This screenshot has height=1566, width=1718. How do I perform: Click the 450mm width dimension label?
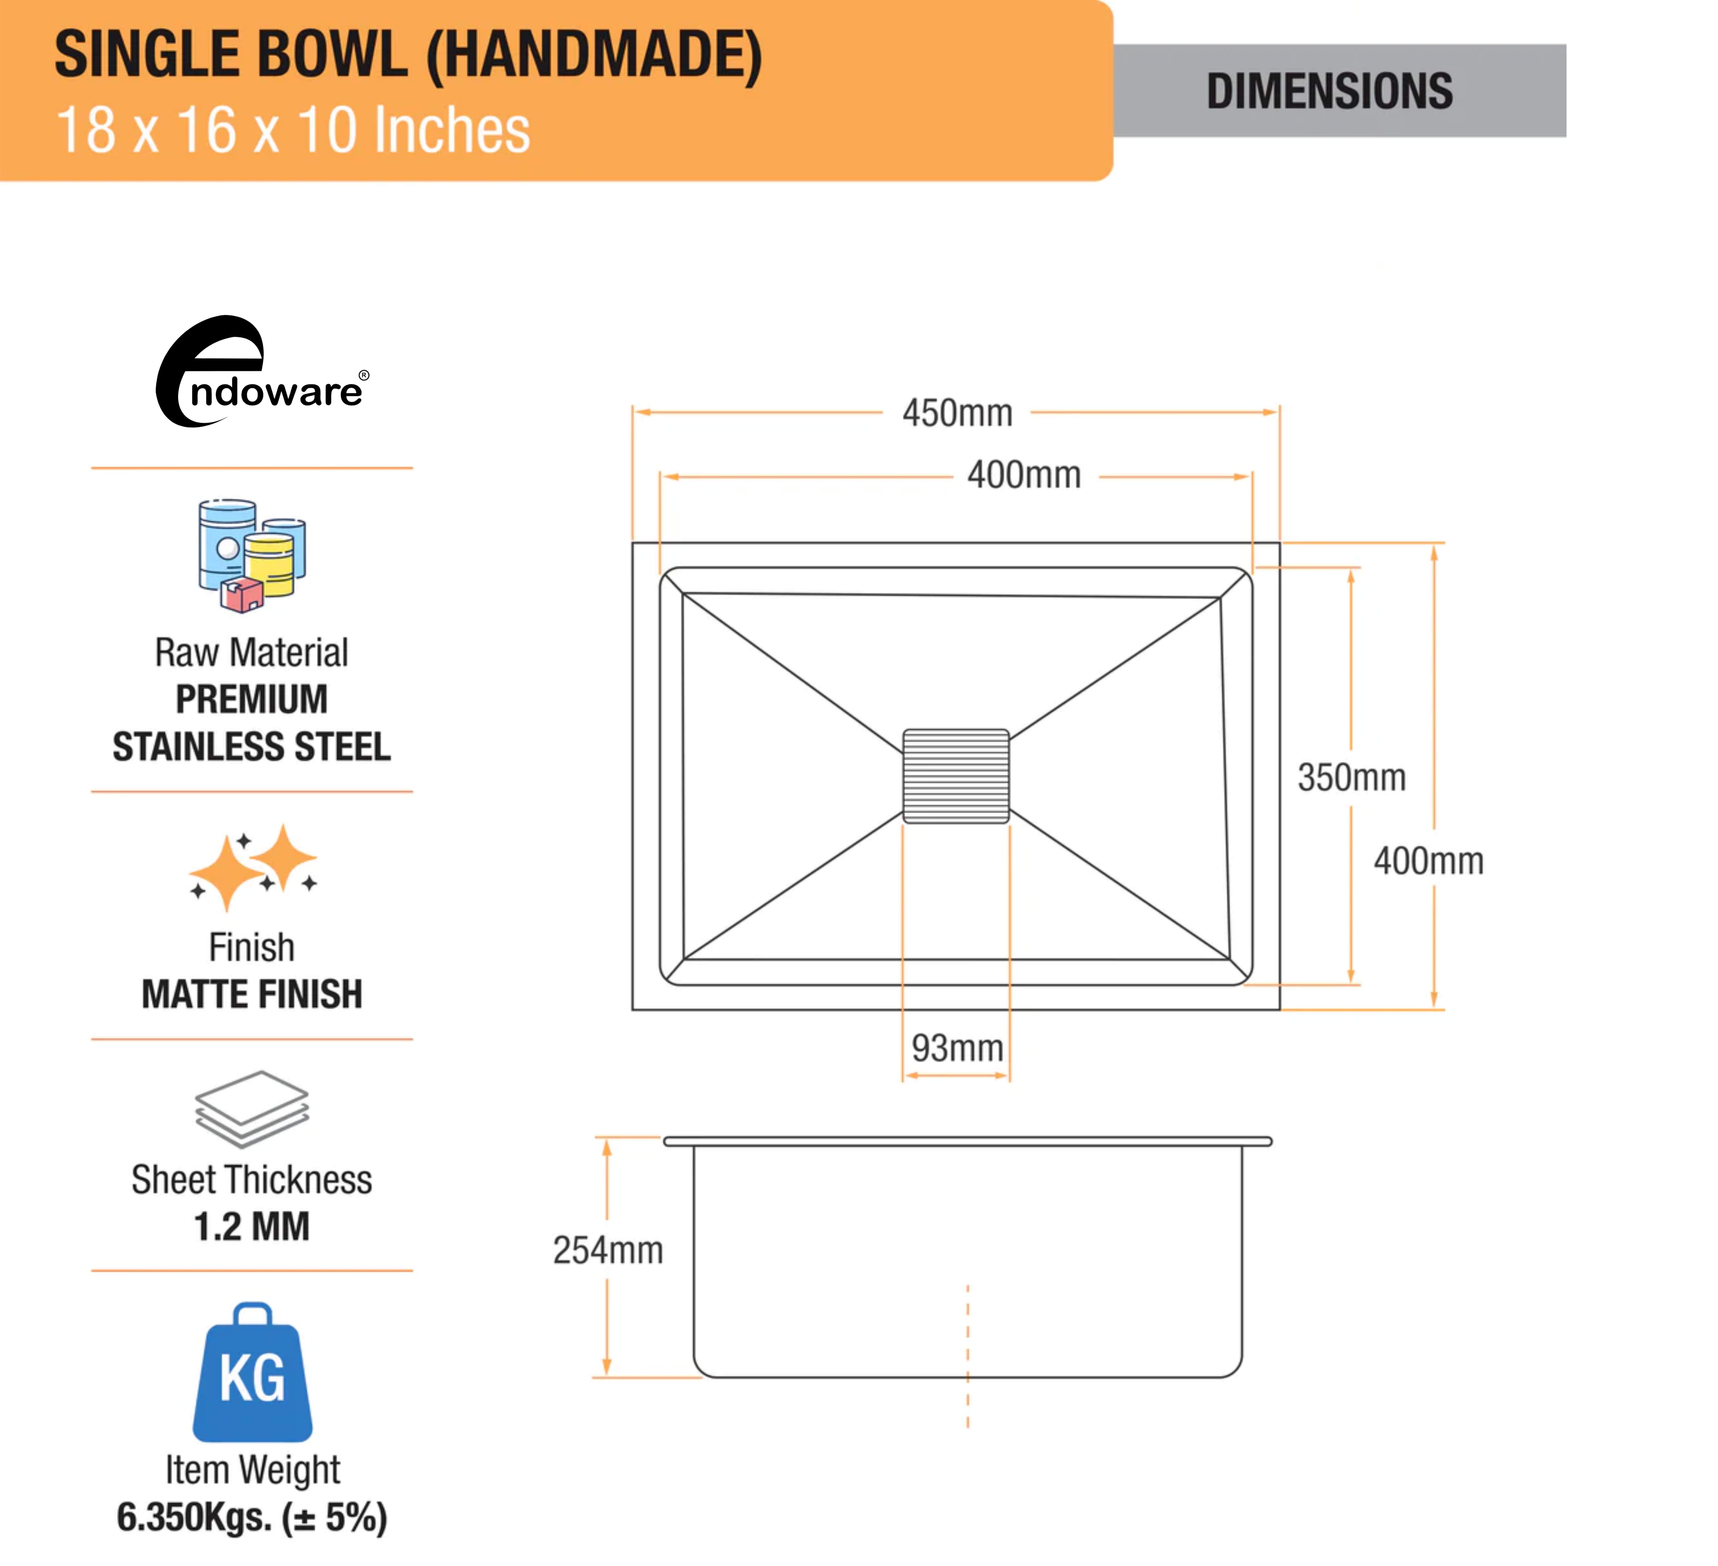coord(957,413)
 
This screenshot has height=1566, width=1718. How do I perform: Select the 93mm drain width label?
coord(957,1048)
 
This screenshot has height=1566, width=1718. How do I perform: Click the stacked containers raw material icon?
coord(251,555)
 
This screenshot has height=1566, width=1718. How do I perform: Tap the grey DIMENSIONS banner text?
coord(1329,91)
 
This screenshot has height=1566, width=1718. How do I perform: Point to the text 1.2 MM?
coord(251,1227)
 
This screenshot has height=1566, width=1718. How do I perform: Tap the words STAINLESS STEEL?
coord(251,747)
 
